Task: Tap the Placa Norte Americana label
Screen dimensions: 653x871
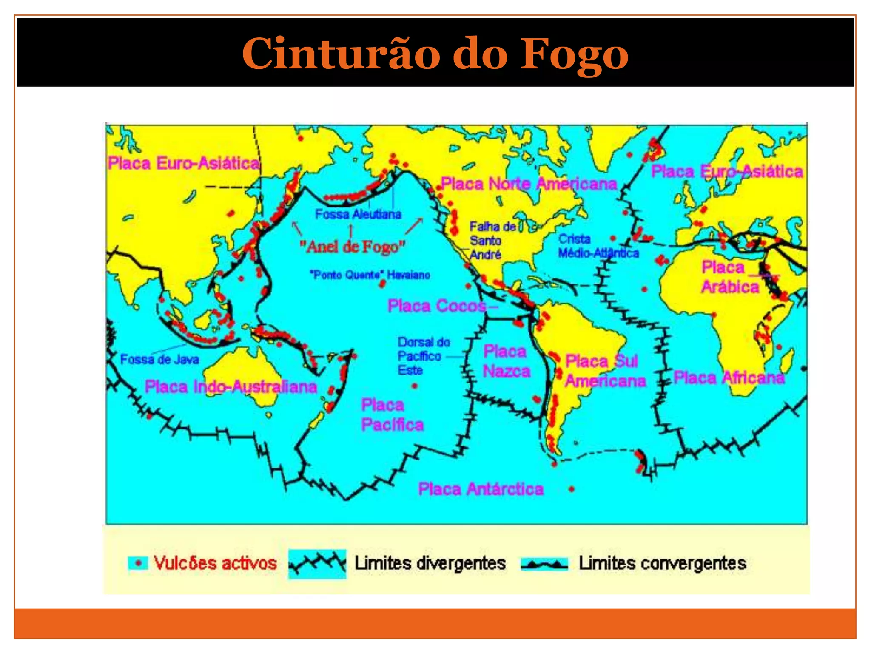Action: click(x=529, y=184)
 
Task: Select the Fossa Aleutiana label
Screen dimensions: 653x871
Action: click(x=358, y=214)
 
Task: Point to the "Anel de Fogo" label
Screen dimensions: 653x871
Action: click(x=353, y=246)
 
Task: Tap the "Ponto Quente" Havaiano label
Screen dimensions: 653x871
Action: click(x=370, y=275)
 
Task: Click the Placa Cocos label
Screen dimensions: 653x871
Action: click(x=437, y=306)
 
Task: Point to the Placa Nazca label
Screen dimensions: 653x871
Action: click(x=506, y=361)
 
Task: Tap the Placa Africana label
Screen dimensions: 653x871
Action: click(x=729, y=378)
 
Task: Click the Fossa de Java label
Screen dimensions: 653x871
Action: click(x=159, y=360)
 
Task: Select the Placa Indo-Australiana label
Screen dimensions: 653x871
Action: click(x=231, y=386)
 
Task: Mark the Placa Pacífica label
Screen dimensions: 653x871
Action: click(x=392, y=415)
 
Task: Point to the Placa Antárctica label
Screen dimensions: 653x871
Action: click(x=481, y=489)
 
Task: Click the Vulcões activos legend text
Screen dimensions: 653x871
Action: click(x=215, y=563)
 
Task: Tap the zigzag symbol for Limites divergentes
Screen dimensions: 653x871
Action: click(x=317, y=564)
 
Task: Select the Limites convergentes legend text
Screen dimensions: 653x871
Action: click(x=662, y=563)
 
